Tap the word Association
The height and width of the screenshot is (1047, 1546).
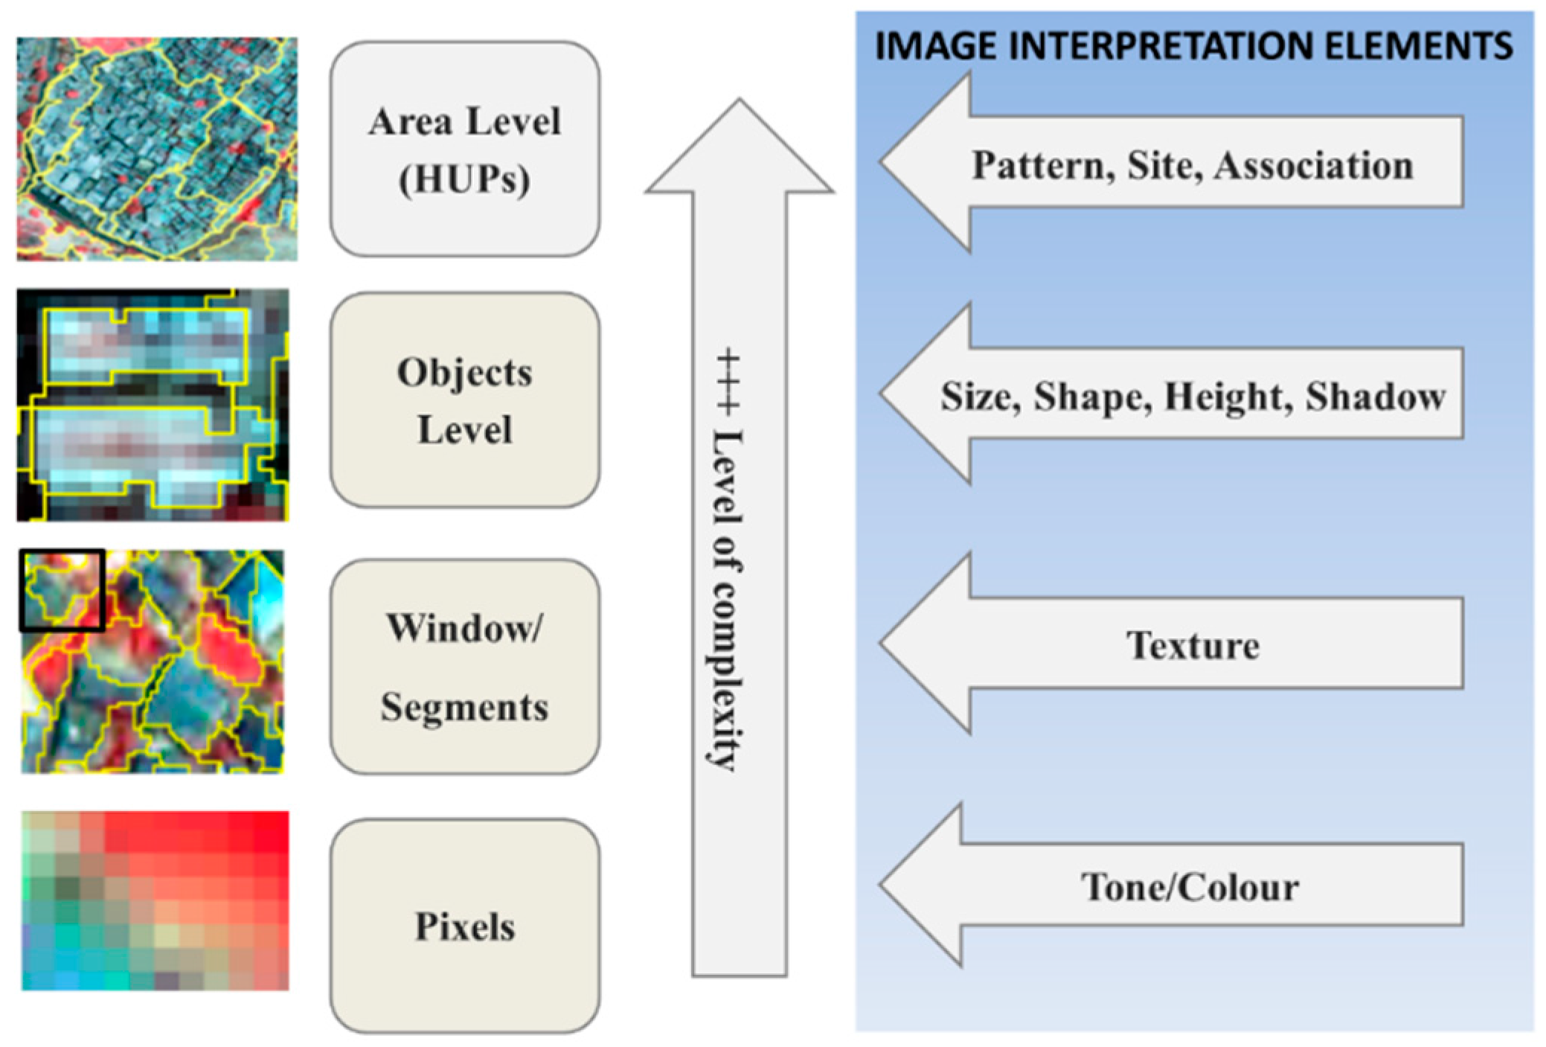[x=1314, y=165]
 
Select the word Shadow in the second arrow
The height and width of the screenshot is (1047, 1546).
[x=1376, y=397]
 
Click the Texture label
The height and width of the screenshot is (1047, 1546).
[x=1193, y=645]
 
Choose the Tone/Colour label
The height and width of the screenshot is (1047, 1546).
[x=1190, y=887]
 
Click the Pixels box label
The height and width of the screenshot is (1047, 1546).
[x=465, y=927]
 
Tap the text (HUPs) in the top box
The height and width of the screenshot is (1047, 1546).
[x=465, y=179]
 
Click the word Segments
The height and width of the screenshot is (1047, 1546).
[x=465, y=707]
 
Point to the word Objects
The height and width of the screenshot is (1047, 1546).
[x=465, y=372]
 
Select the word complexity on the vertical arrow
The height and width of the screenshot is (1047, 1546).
[x=726, y=673]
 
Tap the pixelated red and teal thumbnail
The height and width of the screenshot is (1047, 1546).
[x=155, y=900]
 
